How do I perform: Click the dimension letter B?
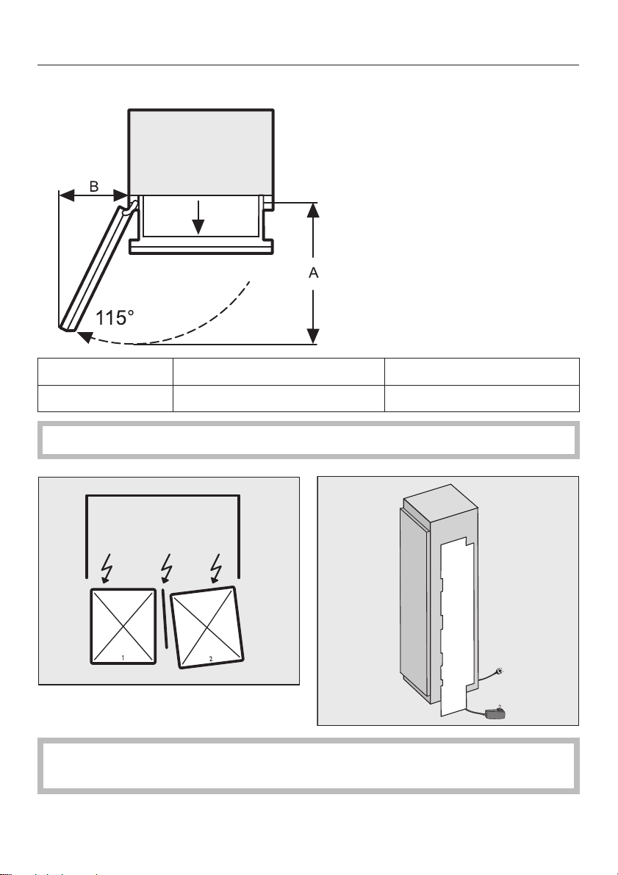click(x=94, y=186)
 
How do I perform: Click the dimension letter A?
click(x=314, y=273)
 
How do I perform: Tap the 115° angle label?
click(x=115, y=318)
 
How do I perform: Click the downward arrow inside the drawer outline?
click(x=198, y=217)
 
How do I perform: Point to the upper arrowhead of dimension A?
click(x=313, y=210)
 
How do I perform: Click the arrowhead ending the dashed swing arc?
click(x=85, y=336)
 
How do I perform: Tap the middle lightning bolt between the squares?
click(x=166, y=567)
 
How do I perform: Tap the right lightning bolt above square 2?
click(x=216, y=567)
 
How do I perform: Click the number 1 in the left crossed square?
click(x=123, y=658)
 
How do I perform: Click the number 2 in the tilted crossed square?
click(x=210, y=658)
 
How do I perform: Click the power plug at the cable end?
click(x=500, y=671)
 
